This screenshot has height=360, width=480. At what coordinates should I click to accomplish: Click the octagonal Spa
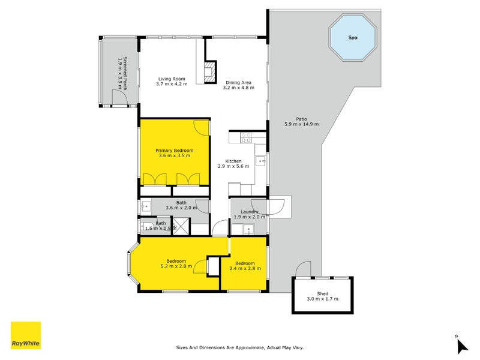click(353, 38)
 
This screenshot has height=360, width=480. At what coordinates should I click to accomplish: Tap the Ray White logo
click(26, 335)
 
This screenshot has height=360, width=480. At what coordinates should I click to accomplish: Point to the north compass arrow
click(461, 346)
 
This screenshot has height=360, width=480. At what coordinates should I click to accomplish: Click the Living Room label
click(172, 79)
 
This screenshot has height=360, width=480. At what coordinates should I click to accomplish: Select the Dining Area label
click(238, 82)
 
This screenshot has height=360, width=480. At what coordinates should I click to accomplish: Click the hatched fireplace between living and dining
click(211, 72)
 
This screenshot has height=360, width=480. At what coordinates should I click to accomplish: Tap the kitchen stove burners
click(246, 137)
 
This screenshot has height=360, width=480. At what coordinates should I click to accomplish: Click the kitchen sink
click(260, 161)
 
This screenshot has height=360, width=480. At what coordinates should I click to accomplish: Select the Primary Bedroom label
click(175, 151)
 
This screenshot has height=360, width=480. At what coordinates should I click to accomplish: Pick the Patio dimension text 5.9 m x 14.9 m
click(302, 124)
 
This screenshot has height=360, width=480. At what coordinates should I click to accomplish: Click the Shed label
click(322, 293)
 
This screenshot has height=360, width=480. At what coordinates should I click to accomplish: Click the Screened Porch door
click(119, 97)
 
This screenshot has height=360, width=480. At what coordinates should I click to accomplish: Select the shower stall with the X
click(181, 226)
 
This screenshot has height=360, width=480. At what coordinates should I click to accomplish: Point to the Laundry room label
click(250, 212)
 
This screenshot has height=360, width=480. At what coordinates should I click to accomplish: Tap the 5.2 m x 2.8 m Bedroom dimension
click(176, 266)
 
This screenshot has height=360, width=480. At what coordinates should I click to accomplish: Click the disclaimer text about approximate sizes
click(240, 347)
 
